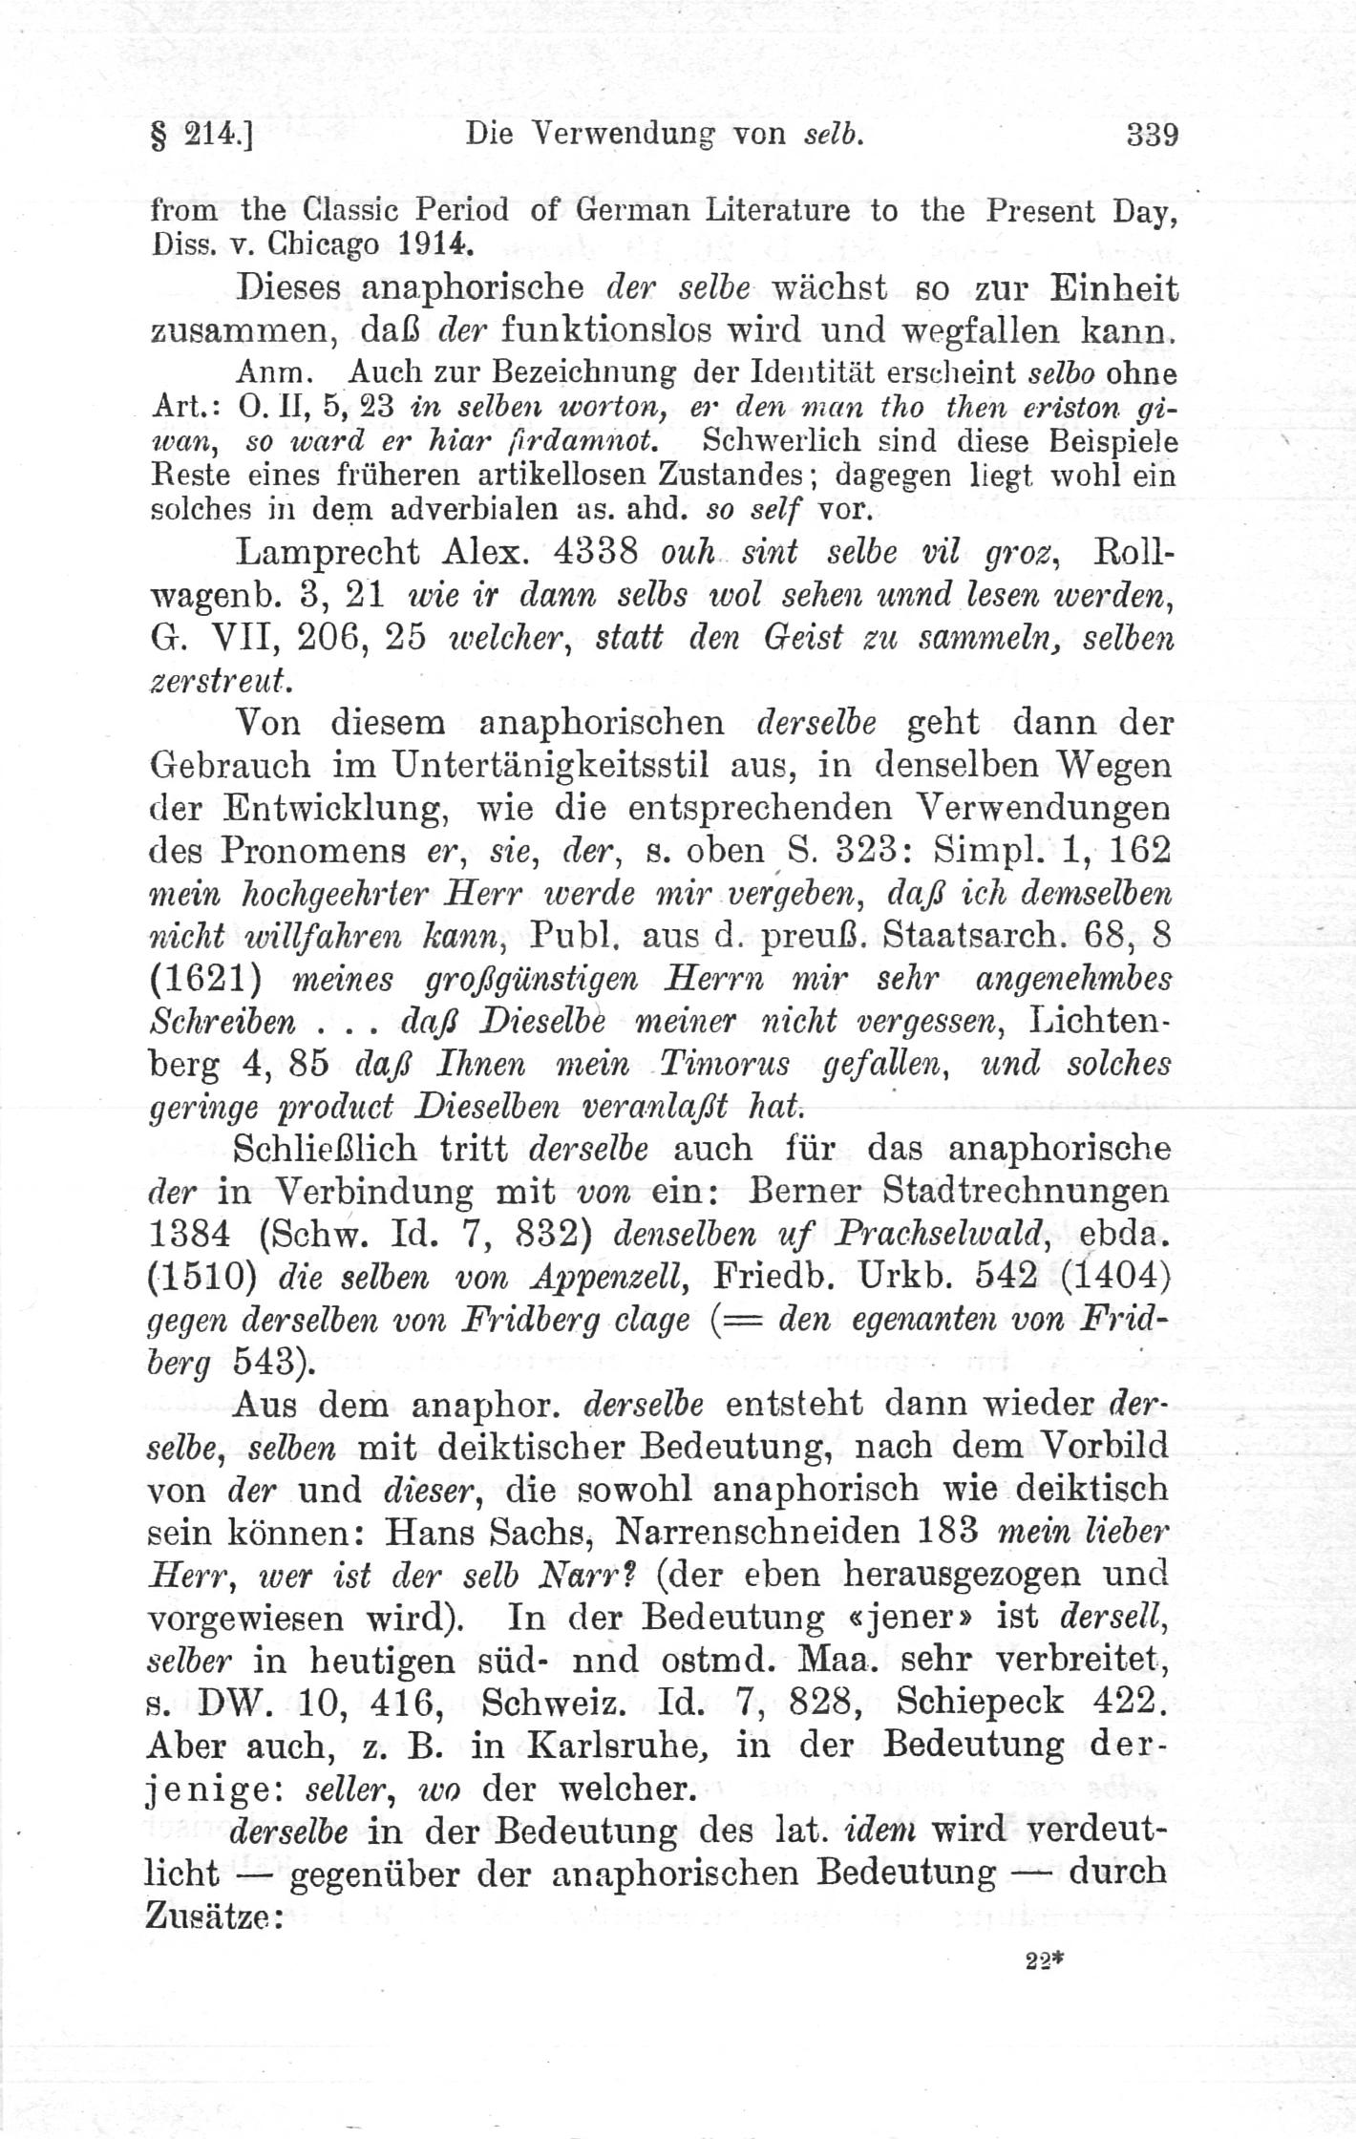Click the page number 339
[1153, 135]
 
